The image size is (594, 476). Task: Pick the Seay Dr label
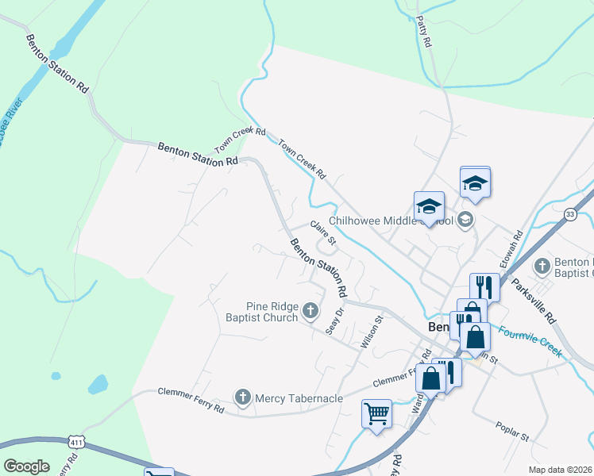[334, 321]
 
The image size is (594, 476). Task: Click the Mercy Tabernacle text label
[299, 397]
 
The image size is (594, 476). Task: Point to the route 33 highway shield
[570, 214]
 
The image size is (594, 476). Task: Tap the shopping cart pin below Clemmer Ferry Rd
[376, 413]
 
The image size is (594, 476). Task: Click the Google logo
[26, 466]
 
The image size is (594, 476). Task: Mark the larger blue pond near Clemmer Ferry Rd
[98, 385]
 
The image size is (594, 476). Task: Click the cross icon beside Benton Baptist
[542, 266]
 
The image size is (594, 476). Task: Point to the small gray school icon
[465, 220]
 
